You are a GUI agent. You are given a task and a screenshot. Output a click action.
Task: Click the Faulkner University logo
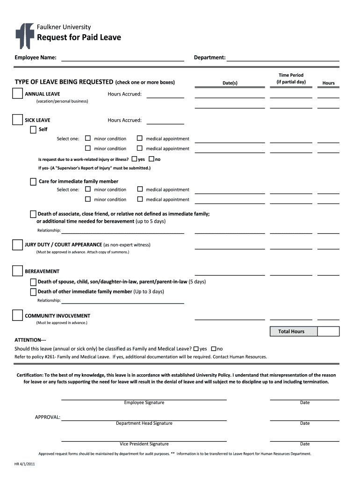click(x=25, y=36)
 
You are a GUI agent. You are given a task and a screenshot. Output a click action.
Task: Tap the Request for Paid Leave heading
click(x=79, y=37)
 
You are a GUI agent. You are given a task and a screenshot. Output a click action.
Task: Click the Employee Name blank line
click(x=122, y=58)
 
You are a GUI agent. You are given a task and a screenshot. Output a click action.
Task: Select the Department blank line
click(x=283, y=58)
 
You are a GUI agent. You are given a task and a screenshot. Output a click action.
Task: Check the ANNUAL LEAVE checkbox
click(x=17, y=94)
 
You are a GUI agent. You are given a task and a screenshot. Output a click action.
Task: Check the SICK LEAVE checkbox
click(x=17, y=120)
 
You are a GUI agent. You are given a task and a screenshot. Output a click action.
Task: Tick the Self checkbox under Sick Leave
click(x=33, y=130)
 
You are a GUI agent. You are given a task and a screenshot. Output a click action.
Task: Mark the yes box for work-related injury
click(x=135, y=159)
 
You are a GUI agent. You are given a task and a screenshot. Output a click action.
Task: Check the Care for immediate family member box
click(x=33, y=181)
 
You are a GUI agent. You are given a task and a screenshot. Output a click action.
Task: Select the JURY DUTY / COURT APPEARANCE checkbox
click(x=17, y=245)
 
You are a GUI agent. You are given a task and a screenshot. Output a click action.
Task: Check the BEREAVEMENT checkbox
click(x=17, y=271)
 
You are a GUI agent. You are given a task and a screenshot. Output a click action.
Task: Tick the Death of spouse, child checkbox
click(x=33, y=282)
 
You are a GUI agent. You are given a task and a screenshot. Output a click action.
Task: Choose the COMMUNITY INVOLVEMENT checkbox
click(x=17, y=316)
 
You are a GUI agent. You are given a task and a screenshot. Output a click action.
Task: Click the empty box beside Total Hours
click(x=328, y=332)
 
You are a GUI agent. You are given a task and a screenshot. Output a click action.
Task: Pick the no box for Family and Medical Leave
click(x=214, y=348)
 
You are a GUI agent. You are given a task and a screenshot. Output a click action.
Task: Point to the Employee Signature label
click(x=144, y=403)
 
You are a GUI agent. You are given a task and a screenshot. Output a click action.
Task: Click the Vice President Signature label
click(x=144, y=444)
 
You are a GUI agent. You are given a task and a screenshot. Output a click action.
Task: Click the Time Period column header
click(x=291, y=78)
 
